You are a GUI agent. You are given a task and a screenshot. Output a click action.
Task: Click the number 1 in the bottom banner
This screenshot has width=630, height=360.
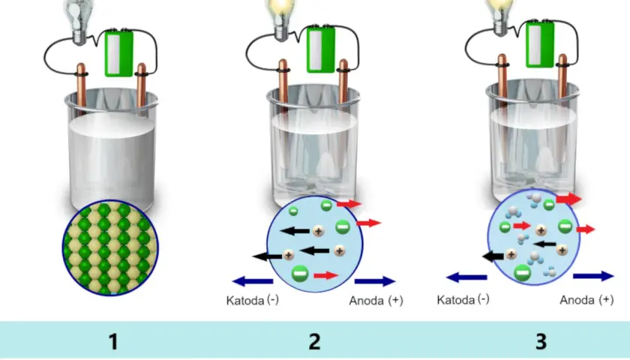click(114, 342)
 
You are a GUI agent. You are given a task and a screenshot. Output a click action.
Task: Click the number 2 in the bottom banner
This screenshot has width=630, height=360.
click(314, 342)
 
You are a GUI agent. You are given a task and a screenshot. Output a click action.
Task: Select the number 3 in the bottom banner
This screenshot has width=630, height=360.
click(541, 342)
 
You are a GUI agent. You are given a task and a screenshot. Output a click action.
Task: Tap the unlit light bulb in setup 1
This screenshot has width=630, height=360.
click(79, 21)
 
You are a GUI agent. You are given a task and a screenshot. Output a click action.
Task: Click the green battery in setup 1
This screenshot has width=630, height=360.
click(118, 52)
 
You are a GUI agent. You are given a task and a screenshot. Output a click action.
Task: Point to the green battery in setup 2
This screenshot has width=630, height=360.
click(321, 49)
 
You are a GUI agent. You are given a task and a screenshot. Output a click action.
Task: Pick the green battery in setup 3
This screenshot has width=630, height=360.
click(540, 44)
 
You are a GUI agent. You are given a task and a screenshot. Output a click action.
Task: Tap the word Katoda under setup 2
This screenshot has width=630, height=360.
click(245, 301)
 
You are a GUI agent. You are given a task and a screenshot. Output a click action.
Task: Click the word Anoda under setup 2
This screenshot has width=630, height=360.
click(366, 301)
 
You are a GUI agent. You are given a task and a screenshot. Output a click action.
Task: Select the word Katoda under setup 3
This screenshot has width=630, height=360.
click(456, 300)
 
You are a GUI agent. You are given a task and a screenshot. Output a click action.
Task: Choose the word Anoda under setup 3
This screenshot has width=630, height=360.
click(577, 300)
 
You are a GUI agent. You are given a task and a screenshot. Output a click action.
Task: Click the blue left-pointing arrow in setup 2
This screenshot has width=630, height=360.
click(253, 280)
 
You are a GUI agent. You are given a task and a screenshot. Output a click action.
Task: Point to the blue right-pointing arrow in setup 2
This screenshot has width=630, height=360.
click(375, 281)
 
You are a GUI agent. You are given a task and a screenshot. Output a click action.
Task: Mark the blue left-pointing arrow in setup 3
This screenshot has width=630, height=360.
click(466, 277)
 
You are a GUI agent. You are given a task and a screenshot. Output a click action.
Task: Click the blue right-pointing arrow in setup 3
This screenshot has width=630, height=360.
click(593, 276)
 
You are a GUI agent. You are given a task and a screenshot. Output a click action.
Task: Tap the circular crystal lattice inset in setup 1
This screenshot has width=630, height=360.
click(110, 248)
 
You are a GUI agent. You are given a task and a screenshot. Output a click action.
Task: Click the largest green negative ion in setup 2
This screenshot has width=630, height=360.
click(300, 274)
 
